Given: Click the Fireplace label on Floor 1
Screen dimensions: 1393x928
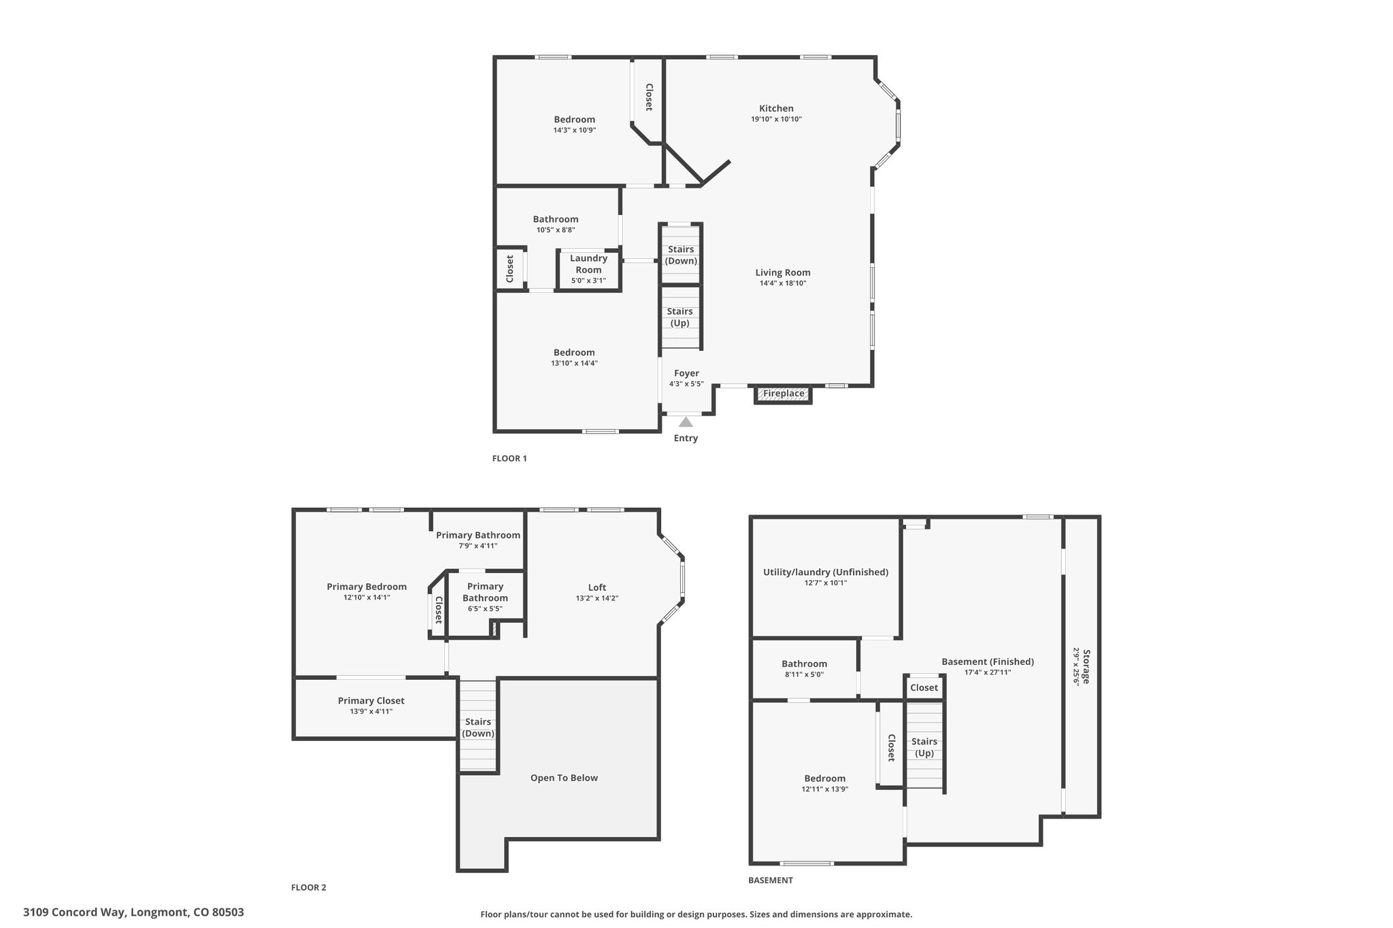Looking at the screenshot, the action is (x=784, y=394).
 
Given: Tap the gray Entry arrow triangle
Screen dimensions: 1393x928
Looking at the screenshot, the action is (x=686, y=422).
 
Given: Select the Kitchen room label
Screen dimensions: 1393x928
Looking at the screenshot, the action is (x=776, y=108).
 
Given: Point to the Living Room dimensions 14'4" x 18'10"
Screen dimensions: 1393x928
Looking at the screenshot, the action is (x=783, y=283).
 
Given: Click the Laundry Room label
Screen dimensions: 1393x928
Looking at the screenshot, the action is (x=588, y=264).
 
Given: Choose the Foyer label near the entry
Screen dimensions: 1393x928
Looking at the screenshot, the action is (x=686, y=373).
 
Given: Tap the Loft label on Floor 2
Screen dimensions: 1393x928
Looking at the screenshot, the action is (x=597, y=587).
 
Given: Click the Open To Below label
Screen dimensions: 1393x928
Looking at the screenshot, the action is (x=564, y=778).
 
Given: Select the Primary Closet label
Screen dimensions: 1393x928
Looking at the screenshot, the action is (x=371, y=700).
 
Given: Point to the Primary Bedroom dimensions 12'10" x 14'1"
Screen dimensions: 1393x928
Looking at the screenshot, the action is (x=367, y=598).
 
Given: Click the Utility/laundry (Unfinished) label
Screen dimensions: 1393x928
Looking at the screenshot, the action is (x=826, y=572).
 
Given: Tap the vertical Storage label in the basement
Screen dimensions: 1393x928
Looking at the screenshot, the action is (x=1086, y=667).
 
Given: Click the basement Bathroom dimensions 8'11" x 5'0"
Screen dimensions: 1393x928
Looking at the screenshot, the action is (x=805, y=674).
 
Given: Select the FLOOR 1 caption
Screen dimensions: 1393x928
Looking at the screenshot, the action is (x=509, y=458).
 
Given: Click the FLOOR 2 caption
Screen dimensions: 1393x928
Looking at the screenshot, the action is (x=309, y=887).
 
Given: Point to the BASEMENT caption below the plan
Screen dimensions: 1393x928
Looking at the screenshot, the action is (x=771, y=880).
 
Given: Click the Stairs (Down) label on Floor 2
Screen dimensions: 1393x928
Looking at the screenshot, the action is (x=478, y=727).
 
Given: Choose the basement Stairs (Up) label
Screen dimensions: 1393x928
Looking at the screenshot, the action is (x=924, y=747).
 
